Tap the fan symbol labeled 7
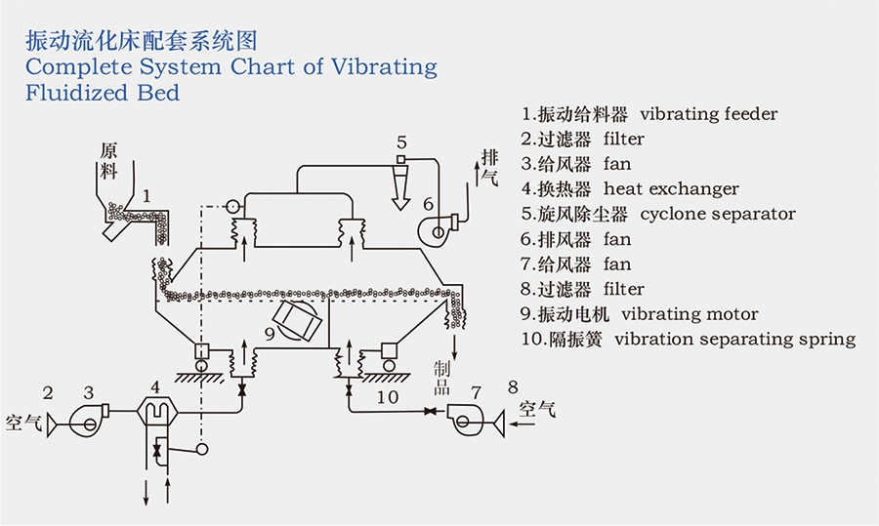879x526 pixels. (x=465, y=414)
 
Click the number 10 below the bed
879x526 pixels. (x=388, y=397)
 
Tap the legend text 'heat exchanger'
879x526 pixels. (x=671, y=188)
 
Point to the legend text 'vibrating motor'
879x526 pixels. (x=690, y=314)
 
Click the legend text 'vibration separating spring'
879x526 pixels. (x=734, y=340)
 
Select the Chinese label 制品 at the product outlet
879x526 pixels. (x=440, y=376)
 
